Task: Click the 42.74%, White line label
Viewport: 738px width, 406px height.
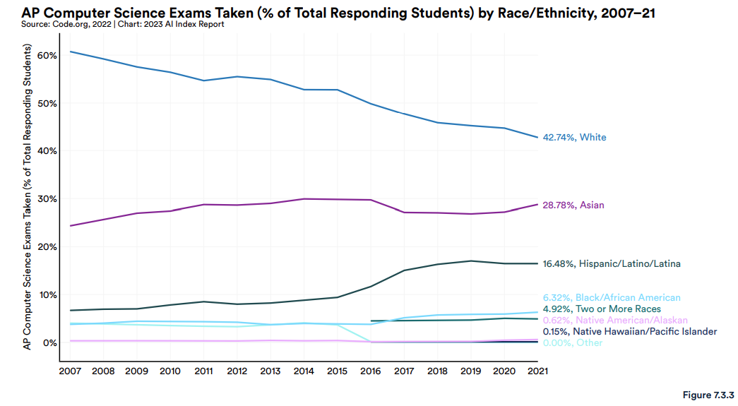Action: (573, 138)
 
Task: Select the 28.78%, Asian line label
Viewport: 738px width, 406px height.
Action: (573, 205)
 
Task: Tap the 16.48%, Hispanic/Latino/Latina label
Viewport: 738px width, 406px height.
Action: (612, 264)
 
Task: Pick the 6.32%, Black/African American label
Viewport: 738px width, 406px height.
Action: (612, 298)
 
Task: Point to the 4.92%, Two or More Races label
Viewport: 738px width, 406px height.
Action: (602, 309)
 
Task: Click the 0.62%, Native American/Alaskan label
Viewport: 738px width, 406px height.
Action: (605, 321)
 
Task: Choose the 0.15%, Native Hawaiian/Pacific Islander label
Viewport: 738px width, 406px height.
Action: (629, 332)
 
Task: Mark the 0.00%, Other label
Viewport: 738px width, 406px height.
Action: (573, 343)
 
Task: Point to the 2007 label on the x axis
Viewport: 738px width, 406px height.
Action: (70, 370)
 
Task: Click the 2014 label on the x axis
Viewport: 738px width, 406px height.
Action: (304, 370)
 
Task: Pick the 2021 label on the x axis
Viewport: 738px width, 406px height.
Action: (537, 370)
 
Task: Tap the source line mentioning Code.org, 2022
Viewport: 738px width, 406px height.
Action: (124, 25)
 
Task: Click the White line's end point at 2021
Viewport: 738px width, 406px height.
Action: (538, 137)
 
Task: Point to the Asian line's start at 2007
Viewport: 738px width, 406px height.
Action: (70, 226)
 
